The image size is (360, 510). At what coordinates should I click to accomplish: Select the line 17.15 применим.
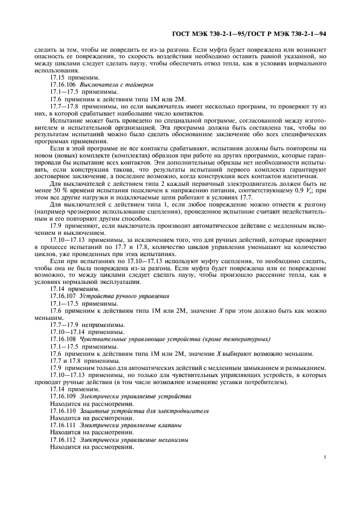(x=68, y=78)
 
